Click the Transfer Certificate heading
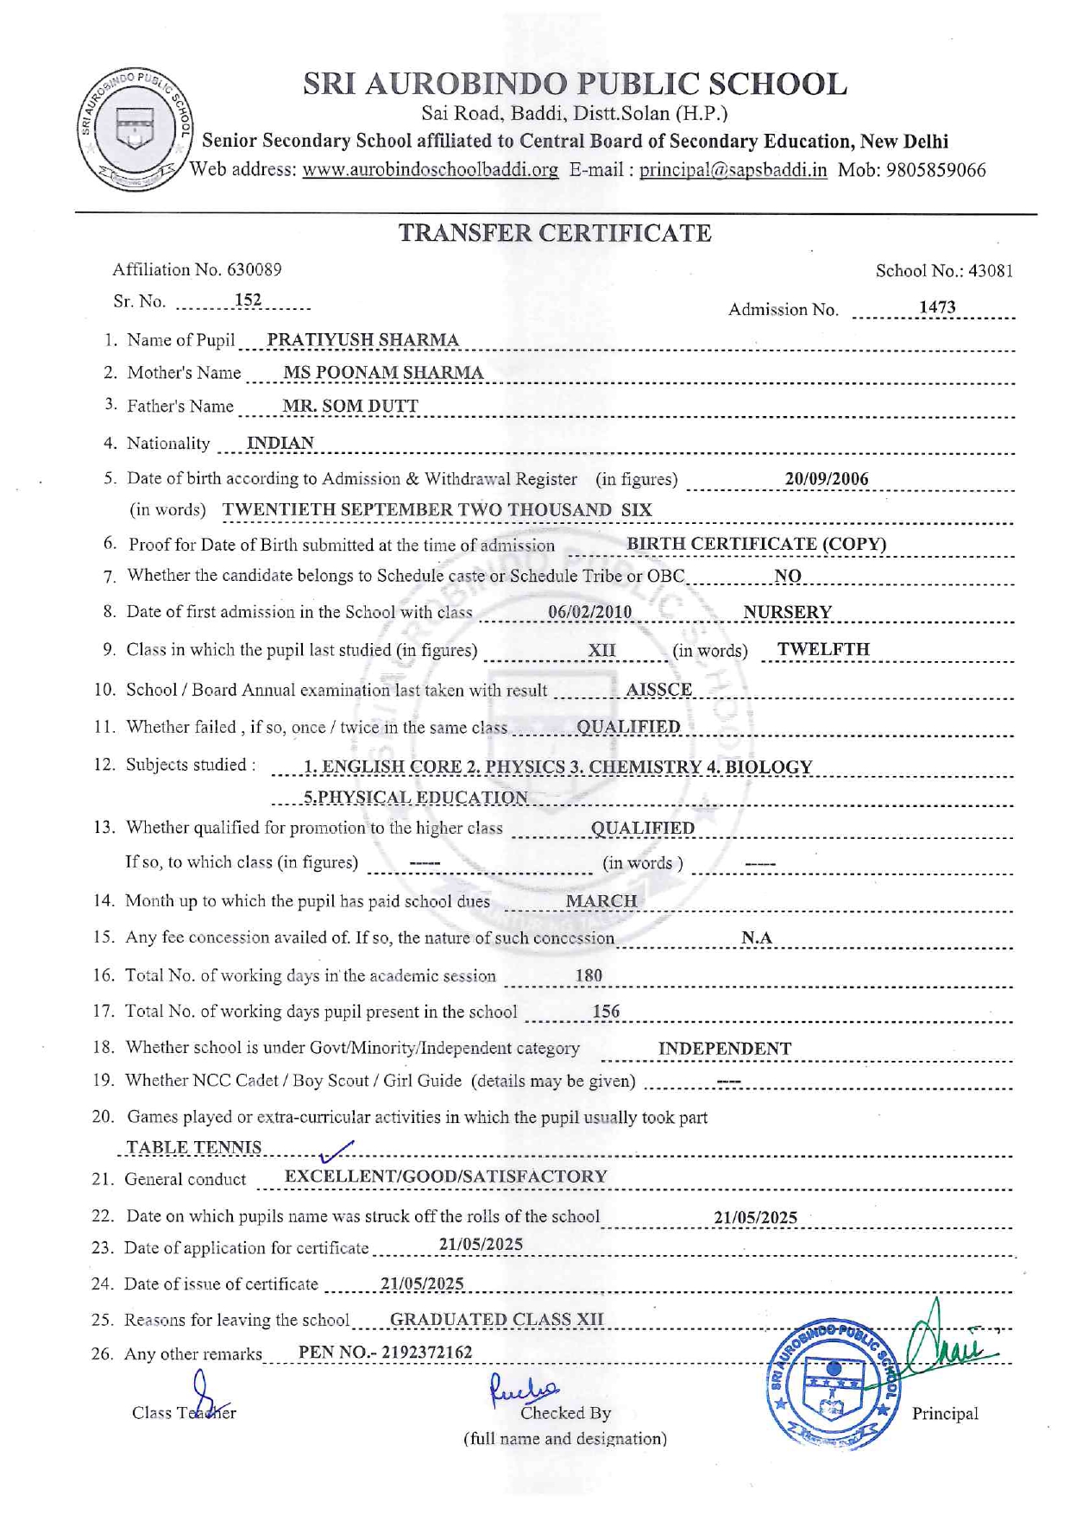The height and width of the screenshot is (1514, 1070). click(x=555, y=233)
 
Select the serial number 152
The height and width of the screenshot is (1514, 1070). click(x=248, y=300)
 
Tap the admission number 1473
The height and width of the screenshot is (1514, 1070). click(x=936, y=307)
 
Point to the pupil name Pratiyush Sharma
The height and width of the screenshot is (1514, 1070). click(x=362, y=340)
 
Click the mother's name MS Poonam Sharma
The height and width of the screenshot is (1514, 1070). click(x=383, y=373)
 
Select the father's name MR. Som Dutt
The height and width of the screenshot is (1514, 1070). click(x=350, y=406)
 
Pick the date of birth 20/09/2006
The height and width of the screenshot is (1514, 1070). click(x=826, y=479)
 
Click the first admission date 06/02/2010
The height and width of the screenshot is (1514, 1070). click(x=589, y=612)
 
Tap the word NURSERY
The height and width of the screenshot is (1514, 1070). click(x=787, y=612)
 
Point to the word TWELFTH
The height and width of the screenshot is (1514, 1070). click(x=823, y=649)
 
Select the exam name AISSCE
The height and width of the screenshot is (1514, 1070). click(x=658, y=690)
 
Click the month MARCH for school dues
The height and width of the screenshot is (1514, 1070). click(x=601, y=901)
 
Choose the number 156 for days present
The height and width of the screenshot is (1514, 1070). click(x=606, y=1012)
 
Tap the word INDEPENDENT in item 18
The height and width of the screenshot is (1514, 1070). click(x=724, y=1049)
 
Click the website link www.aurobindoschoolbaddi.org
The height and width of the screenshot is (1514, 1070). click(x=430, y=170)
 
